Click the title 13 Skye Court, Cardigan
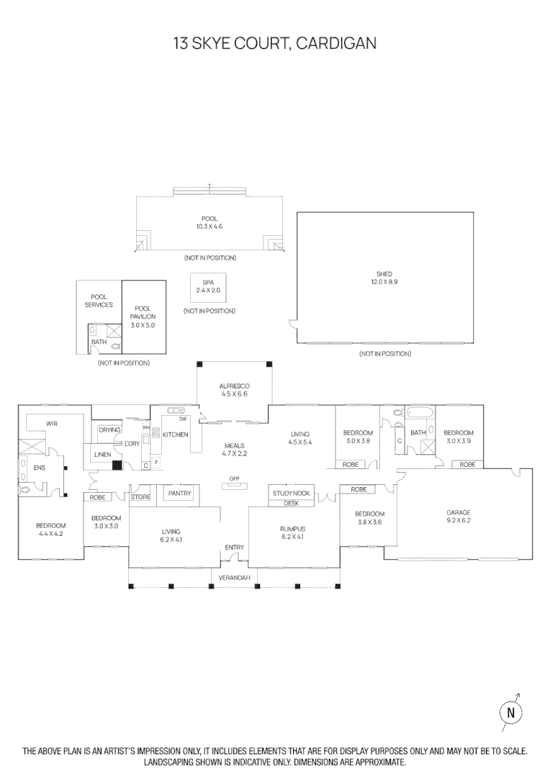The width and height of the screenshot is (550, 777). [274, 44]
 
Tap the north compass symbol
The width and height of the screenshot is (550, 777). [510, 712]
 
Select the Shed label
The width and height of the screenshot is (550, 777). [384, 274]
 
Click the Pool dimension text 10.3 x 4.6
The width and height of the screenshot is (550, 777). [209, 227]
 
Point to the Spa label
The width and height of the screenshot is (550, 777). [208, 283]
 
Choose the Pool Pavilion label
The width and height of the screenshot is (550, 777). [143, 312]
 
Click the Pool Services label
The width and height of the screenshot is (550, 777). [99, 301]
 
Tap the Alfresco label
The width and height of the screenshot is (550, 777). [233, 386]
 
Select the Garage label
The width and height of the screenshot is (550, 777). [458, 513]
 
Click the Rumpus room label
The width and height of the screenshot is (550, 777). [292, 529]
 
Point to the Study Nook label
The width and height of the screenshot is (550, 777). [292, 494]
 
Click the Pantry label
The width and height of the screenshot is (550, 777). [179, 494]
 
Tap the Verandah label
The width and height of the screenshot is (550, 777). [235, 578]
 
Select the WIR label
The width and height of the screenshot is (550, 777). [52, 424]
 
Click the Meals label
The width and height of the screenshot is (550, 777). [234, 446]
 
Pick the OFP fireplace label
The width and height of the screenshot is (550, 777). [234, 478]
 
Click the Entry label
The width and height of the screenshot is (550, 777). [234, 547]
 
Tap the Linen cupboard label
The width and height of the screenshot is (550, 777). [102, 455]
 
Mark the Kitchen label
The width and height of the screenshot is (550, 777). [175, 435]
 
